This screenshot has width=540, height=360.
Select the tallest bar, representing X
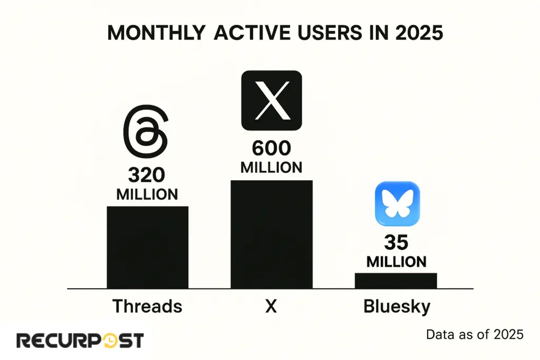(x=272, y=234)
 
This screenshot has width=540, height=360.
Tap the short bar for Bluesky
(x=396, y=280)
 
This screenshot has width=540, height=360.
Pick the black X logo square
(x=272, y=100)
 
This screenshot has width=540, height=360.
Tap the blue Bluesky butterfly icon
(x=397, y=203)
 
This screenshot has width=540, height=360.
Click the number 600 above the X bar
(x=271, y=149)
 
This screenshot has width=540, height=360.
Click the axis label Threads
(x=147, y=306)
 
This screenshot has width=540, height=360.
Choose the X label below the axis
(x=271, y=306)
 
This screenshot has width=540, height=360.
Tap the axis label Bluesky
(x=397, y=306)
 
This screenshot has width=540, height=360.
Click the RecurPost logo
(x=80, y=340)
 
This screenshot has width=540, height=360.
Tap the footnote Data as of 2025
(x=475, y=335)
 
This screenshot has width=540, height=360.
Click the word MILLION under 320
(x=147, y=194)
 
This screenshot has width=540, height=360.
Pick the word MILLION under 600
(x=271, y=168)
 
